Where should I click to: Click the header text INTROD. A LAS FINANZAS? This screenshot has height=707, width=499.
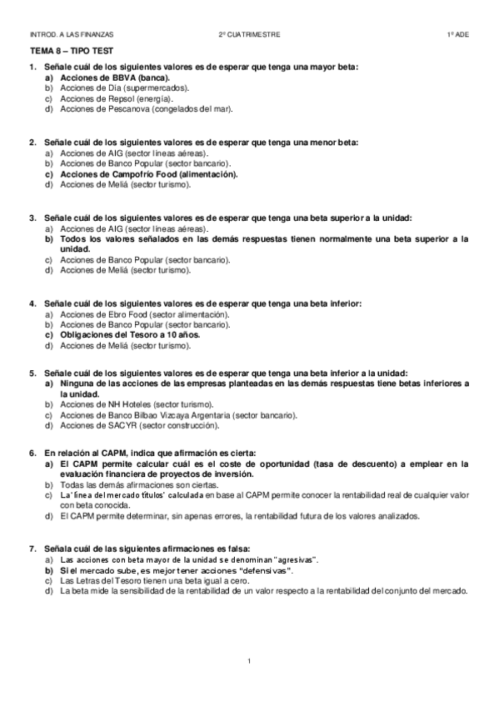pos(71,35)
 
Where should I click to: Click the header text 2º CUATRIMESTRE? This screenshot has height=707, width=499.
pos(250,35)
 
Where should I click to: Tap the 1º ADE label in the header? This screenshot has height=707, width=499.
pos(457,35)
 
